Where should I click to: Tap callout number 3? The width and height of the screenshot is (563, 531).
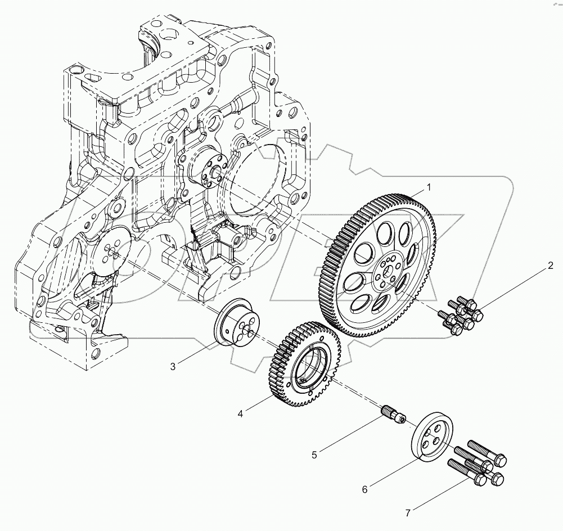173,367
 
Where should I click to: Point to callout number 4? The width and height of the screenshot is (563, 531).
240,413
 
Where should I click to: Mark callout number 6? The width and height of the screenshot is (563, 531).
364,489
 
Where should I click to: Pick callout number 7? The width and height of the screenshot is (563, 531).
409,512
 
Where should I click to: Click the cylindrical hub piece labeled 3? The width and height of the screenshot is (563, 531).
239,328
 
